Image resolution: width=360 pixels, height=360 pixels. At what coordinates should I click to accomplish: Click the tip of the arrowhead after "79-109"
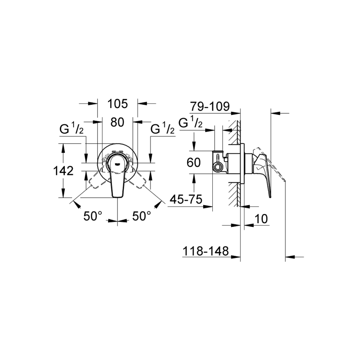tap(240, 113)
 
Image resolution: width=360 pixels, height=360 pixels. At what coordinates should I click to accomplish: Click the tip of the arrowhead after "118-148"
tap(240, 257)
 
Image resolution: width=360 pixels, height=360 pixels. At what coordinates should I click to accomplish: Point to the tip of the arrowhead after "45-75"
tap(213, 207)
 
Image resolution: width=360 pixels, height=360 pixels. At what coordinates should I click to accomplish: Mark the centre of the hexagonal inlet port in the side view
tap(217, 167)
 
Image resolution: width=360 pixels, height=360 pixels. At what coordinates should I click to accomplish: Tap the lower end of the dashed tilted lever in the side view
tap(285, 180)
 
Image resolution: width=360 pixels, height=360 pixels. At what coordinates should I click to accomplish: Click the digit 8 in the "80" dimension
tap(114, 122)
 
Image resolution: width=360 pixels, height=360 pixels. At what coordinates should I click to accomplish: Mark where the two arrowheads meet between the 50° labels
tap(117, 221)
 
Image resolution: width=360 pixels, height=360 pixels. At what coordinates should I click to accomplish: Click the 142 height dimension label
tap(63, 171)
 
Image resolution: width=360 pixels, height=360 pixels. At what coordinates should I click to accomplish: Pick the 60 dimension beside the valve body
tap(194, 162)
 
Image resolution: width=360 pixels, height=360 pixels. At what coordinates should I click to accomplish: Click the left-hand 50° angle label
tap(93, 216)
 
